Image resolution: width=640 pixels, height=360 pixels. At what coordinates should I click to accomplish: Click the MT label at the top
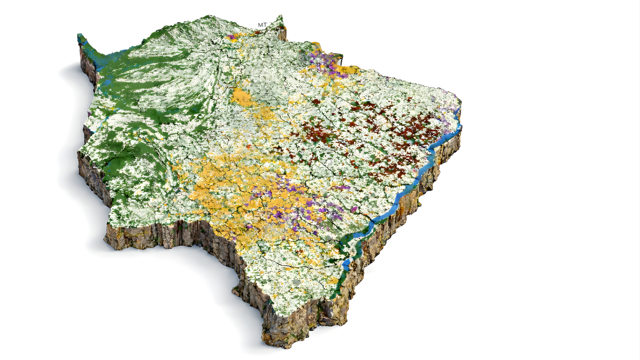click(262, 25)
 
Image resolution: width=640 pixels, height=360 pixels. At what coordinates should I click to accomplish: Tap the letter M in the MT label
click(260, 25)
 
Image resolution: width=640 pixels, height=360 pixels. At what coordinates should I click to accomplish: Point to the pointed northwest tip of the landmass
click(79, 36)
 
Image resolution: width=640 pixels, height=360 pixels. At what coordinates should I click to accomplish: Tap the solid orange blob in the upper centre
click(243, 97)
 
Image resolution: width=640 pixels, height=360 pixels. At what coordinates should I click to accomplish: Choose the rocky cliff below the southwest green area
click(150, 235)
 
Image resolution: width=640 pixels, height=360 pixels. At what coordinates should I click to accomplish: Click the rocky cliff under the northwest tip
click(87, 65)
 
